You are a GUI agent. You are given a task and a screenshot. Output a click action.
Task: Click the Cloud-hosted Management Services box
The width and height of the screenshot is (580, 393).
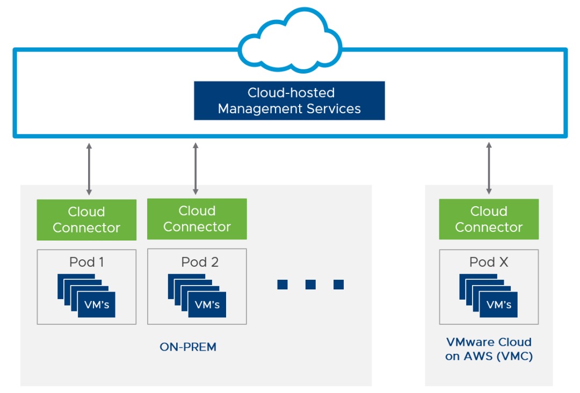[289, 100]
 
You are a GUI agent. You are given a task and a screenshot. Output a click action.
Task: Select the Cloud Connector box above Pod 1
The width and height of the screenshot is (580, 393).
[86, 220]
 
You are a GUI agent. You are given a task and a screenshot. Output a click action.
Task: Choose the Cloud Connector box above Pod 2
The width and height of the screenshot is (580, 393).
[197, 219]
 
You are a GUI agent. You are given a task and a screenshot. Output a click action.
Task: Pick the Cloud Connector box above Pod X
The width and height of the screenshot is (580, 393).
[489, 219]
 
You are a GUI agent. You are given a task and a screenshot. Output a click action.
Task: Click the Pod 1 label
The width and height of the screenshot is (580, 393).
[86, 262]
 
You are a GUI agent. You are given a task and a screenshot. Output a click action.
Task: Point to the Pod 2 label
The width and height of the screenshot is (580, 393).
[200, 262]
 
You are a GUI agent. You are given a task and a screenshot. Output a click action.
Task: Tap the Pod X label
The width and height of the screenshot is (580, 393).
[489, 262]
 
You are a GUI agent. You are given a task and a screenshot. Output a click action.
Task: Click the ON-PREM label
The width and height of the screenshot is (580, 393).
[188, 347]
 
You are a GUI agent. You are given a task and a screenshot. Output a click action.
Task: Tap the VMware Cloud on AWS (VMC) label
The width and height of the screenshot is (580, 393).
[489, 349]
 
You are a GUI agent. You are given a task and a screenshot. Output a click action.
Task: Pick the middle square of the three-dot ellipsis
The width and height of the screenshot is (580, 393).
[310, 285]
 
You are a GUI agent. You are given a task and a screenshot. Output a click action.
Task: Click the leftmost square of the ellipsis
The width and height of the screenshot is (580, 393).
[282, 285]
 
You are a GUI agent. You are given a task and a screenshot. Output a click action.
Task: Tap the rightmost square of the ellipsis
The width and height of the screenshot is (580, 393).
[338, 285]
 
